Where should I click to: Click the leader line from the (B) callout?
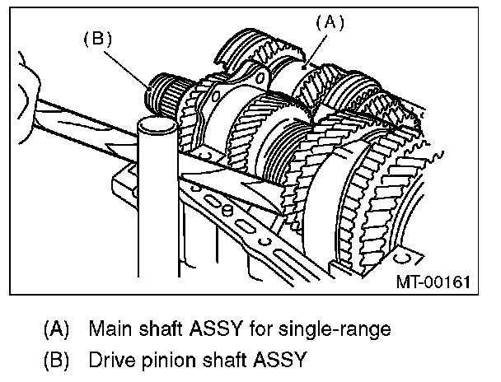(x=132, y=61)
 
